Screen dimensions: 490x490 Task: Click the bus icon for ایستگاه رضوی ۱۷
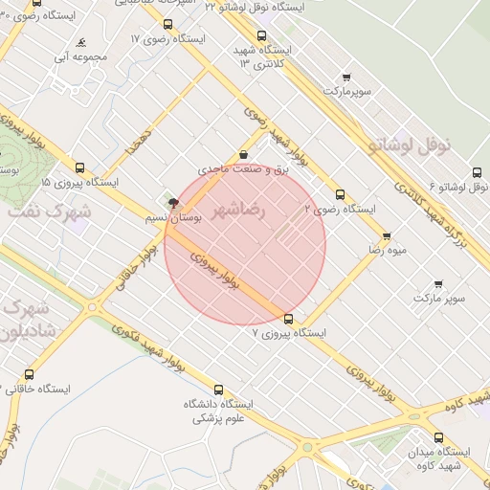click(x=168, y=24)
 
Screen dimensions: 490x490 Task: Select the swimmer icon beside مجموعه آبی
click(x=83, y=43)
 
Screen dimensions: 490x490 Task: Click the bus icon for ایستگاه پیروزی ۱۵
click(x=79, y=166)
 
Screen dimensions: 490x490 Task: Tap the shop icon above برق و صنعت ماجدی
click(x=243, y=154)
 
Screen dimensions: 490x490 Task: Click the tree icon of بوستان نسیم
click(x=172, y=203)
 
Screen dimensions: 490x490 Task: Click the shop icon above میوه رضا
click(x=387, y=234)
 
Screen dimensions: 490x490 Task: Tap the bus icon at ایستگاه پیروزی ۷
click(x=289, y=319)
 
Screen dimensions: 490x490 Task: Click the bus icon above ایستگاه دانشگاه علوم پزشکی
click(x=218, y=390)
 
